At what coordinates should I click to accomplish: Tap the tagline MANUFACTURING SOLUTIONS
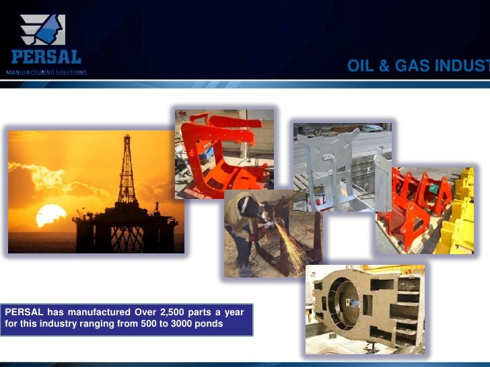click(x=46, y=72)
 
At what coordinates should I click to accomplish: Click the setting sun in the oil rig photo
click(x=51, y=215)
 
